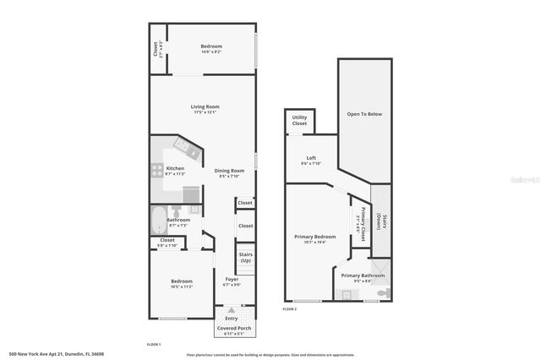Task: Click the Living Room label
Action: point(205,106)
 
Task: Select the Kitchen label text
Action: point(175,167)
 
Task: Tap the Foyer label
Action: point(232,279)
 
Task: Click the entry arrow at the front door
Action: point(232,310)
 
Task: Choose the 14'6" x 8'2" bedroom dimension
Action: point(210,52)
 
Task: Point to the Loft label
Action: point(311,158)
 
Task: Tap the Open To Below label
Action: point(364,113)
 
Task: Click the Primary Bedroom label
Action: point(309,236)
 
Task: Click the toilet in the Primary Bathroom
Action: point(385,292)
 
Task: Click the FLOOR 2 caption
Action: point(290,309)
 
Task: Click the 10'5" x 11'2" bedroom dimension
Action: point(182,287)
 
